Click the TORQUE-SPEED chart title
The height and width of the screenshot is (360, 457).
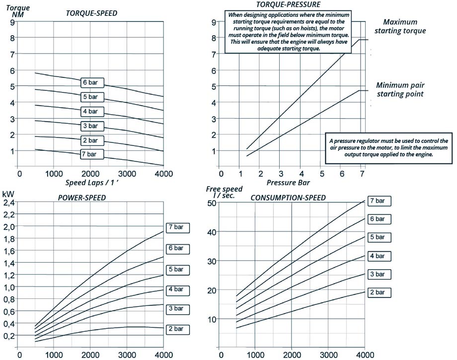coord(91,13)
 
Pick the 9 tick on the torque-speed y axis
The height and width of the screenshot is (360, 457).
coord(12,22)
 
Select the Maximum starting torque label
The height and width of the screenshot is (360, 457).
coord(404,27)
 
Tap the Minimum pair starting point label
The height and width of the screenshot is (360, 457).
coord(400,89)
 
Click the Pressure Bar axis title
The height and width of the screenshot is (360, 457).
coord(288,182)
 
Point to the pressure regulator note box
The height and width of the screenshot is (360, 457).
coord(388,147)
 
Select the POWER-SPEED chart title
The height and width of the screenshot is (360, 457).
coord(82,198)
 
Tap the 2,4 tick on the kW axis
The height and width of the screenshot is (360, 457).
coord(9,203)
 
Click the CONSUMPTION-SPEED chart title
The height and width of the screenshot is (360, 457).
coord(288,198)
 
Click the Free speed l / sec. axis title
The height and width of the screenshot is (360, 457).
coord(224,192)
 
